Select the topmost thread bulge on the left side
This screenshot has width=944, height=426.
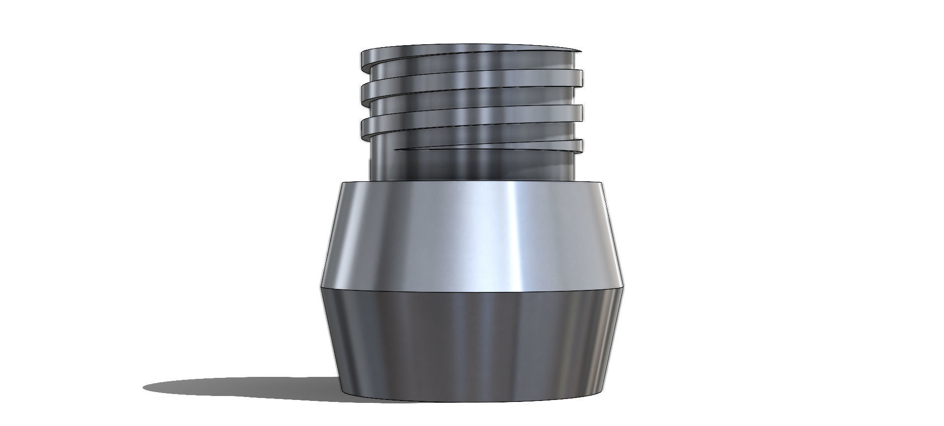coord(364,59)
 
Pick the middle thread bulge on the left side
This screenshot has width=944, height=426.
coord(365,91)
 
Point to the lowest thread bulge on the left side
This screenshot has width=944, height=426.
coord(365,129)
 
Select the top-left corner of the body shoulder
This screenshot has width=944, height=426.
coord(343,183)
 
